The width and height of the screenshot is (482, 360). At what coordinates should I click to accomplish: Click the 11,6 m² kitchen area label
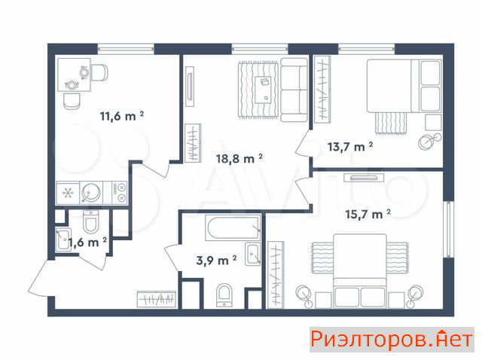122,116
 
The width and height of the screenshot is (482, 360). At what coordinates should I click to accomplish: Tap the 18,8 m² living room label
239,159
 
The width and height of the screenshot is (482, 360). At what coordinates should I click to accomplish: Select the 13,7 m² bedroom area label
350,147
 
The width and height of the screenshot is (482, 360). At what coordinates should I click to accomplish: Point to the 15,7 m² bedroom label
368,214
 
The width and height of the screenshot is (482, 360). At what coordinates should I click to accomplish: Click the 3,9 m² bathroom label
216,261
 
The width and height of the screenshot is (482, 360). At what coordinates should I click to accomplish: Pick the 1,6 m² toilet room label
87,243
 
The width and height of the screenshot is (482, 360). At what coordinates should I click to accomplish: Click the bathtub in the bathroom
233,227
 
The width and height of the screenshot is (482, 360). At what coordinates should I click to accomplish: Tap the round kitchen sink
91,193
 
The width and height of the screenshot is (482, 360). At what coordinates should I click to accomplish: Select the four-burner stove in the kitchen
115,193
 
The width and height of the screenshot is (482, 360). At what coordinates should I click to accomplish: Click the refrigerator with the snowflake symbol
68,193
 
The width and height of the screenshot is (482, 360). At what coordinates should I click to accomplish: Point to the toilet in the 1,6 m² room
90,221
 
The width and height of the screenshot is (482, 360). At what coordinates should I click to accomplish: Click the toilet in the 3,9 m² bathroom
224,295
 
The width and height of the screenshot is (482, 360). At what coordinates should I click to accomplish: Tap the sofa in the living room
294,90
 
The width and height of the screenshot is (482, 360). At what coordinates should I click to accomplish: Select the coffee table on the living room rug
263,90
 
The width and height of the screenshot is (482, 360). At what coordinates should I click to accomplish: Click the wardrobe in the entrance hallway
157,299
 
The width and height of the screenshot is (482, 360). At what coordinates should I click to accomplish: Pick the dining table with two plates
74,75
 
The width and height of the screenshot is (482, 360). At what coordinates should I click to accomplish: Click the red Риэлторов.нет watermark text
392,340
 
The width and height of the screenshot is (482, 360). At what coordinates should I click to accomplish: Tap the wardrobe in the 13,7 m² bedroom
322,90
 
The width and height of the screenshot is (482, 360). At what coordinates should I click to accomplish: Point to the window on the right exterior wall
449,230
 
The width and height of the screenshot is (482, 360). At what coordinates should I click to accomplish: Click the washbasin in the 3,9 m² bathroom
253,254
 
